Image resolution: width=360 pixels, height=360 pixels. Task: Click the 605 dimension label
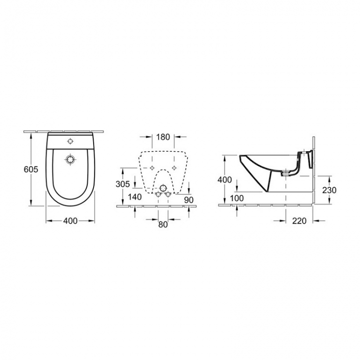31,169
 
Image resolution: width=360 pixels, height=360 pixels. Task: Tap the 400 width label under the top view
70,221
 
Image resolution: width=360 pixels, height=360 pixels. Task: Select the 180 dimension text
163,137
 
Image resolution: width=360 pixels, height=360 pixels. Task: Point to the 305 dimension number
122,184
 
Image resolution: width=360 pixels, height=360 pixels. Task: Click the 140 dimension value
134,197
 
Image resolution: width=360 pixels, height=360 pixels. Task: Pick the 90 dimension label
189,200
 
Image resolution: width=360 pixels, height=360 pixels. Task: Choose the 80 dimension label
163,224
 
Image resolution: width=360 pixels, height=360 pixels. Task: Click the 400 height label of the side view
225,180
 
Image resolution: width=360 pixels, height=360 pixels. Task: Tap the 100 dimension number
237,198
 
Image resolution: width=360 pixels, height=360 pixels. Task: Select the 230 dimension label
329,190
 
